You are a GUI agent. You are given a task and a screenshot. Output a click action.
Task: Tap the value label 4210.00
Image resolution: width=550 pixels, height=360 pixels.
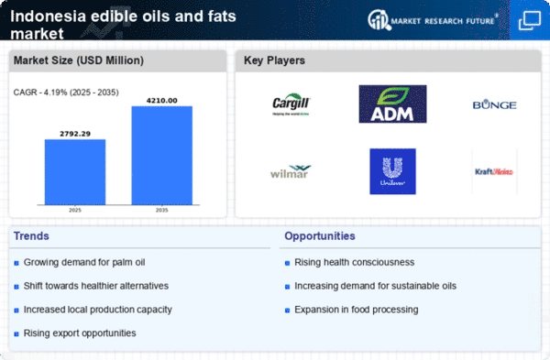(x=162, y=99)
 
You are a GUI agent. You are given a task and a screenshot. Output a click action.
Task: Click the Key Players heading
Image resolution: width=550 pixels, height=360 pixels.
(x=275, y=60)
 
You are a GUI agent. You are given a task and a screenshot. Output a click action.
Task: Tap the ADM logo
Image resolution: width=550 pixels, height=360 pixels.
(x=391, y=104)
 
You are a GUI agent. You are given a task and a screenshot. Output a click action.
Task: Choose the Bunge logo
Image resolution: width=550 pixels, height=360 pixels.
(x=495, y=105)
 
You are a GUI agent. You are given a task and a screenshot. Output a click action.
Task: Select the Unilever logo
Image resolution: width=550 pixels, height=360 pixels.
(x=392, y=171)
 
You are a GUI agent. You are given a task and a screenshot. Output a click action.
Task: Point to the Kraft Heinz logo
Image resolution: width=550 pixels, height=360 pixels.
(x=495, y=171)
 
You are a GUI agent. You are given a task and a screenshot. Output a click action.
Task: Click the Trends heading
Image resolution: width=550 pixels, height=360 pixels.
(x=33, y=236)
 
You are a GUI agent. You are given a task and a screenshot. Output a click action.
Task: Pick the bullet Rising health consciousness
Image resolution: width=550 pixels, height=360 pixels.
(x=355, y=263)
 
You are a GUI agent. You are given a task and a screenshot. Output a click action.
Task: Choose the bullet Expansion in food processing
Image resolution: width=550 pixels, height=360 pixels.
(x=357, y=310)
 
